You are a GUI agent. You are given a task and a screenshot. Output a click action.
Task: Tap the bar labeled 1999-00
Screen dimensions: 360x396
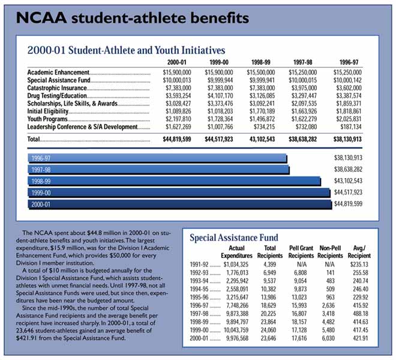pyautogui.click(x=179, y=193)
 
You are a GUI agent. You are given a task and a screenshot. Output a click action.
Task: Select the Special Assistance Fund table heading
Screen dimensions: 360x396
pyautogui.click(x=233, y=238)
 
